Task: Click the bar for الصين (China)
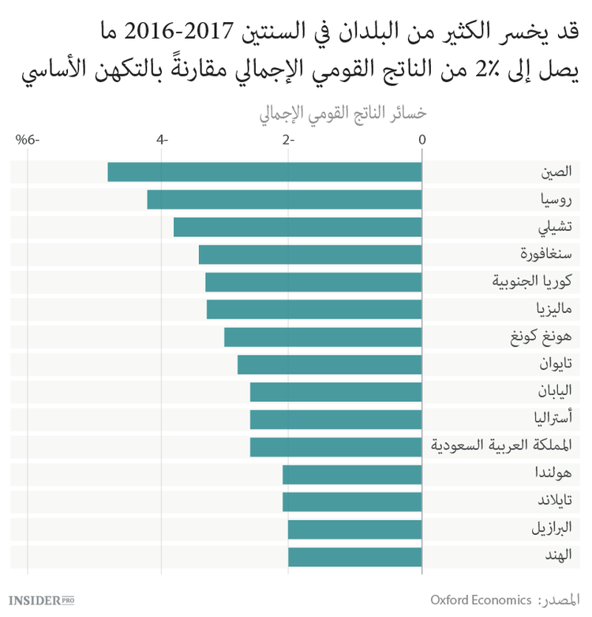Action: (264, 172)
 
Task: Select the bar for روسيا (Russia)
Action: (284, 200)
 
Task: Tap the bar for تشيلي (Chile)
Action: (298, 228)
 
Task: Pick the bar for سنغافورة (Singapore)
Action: (310, 254)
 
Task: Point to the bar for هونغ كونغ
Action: (323, 337)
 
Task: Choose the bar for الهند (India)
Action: (355, 557)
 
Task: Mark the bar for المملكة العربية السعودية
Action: (336, 447)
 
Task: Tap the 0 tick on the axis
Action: (422, 140)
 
